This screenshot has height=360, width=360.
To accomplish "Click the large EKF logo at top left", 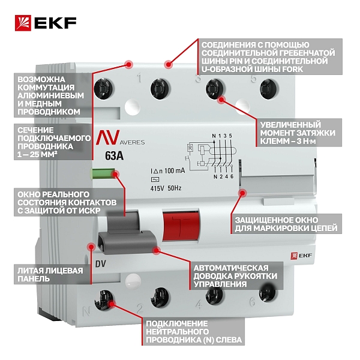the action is click(46, 23).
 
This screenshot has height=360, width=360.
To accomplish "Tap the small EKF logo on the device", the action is click(301, 256).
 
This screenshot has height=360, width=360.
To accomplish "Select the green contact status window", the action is click(104, 174).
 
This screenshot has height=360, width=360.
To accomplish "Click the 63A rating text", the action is click(114, 156).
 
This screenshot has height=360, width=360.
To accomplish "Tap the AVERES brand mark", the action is click(121, 138).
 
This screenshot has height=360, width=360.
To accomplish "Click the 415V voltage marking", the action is click(157, 188).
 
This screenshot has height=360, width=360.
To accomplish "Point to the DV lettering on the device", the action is click(101, 264).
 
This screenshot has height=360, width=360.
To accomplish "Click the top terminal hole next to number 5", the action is click(269, 89).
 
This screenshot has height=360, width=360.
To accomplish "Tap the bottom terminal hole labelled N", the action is click(104, 300).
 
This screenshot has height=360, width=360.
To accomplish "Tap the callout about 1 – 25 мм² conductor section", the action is click(54, 142).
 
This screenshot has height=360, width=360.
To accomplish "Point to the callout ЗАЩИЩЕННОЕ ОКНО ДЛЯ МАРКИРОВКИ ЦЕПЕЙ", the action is click(286, 224).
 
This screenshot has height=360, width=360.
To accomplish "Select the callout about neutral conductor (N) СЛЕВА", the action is click(193, 332).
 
